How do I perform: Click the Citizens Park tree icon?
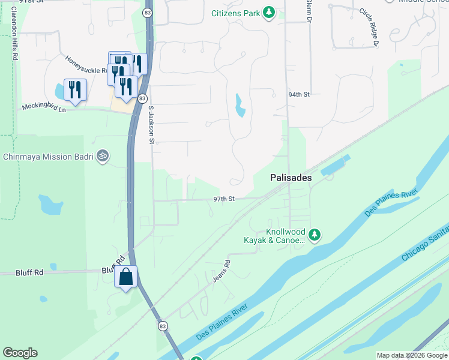click(270, 13)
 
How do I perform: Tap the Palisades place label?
click(291, 178)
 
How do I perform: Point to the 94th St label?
click(298, 95)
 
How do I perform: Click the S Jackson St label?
click(152, 125)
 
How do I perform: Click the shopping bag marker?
click(125, 277)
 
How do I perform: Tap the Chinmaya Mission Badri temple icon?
click(103, 156)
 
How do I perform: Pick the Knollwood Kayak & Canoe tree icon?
click(314, 235)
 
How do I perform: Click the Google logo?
click(20, 353)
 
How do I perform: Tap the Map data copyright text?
click(412, 355)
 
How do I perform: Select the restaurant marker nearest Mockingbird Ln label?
click(75, 90)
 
